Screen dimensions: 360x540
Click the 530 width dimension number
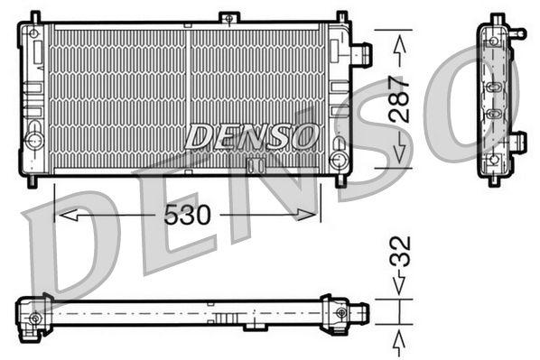coord(187,215)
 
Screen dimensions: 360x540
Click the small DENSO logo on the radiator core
coord(251,137)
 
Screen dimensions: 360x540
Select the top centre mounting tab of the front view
coord(229,18)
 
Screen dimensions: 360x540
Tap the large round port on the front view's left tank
coord(34,140)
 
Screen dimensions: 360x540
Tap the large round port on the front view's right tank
coord(339,160)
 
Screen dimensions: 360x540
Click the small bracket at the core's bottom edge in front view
coord(256,165)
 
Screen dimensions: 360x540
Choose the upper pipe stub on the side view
coord(517,33)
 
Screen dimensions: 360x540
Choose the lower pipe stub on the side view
coord(517,142)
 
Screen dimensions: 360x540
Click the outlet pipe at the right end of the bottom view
coord(358,313)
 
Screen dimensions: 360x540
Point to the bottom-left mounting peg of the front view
coord(33,180)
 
